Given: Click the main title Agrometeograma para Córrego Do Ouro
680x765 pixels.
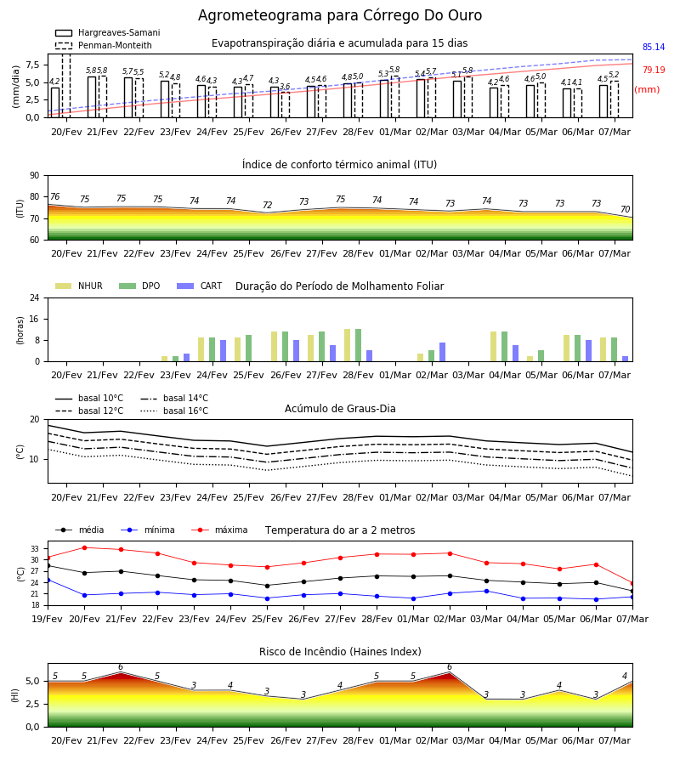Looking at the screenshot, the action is [x=339, y=15].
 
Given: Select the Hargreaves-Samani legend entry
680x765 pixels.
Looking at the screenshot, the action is [x=107, y=32].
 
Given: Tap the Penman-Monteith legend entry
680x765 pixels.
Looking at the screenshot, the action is [x=104, y=45].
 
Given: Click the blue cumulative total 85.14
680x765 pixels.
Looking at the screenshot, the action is [x=654, y=48].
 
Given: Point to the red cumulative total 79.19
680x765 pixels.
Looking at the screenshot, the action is [x=654, y=70].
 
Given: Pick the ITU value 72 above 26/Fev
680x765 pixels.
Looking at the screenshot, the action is [x=267, y=205].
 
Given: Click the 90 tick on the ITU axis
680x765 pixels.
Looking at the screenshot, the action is [x=35, y=176].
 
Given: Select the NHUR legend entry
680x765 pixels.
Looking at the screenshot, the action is [x=79, y=286].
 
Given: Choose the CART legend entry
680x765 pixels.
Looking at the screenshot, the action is [x=200, y=286].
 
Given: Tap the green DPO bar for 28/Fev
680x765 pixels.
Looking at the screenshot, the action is [x=358, y=345].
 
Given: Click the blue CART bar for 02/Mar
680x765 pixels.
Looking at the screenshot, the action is [x=443, y=352].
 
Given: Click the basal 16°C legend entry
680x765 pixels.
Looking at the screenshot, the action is [x=174, y=411].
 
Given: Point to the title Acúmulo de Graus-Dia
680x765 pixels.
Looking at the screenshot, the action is [x=340, y=408].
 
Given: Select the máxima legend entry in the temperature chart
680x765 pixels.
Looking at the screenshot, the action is [x=219, y=530].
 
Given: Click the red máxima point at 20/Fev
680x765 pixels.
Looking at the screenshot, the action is [x=84, y=547].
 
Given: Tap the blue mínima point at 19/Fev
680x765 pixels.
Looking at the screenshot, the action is [x=48, y=580].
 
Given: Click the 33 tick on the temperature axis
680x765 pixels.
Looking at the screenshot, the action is [x=35, y=549].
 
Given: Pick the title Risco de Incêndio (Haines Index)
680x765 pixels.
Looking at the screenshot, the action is [x=340, y=652].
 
